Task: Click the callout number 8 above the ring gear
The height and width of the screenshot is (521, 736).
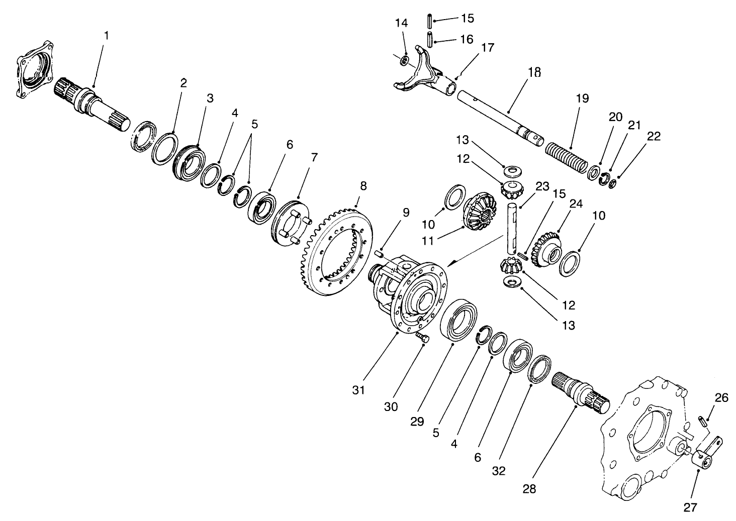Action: point(363,185)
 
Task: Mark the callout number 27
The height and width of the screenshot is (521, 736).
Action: point(690,507)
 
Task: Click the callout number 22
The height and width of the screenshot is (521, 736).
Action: point(654,136)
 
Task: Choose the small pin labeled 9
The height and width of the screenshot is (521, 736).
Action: point(380,254)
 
